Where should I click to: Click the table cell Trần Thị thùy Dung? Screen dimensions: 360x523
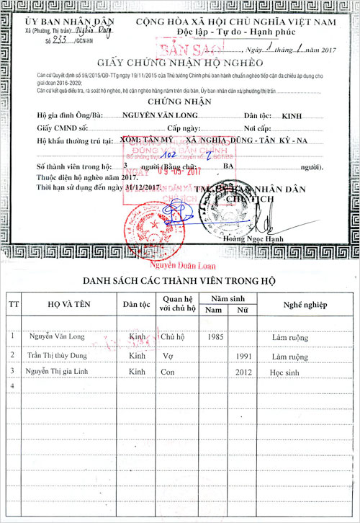pyautogui.click(x=61, y=355)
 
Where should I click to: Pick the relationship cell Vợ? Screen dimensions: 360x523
pyautogui.click(x=166, y=355)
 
